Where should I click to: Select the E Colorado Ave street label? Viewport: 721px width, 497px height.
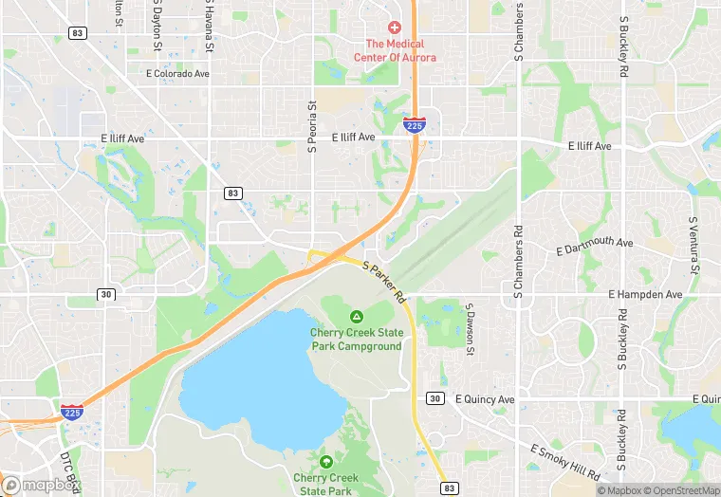click(176, 73)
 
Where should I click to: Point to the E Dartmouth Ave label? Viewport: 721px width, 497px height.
click(595, 247)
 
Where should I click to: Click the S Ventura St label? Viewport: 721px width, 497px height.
click(693, 245)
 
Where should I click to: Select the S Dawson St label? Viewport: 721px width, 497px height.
click(470, 330)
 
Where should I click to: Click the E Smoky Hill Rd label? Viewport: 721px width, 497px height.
click(566, 462)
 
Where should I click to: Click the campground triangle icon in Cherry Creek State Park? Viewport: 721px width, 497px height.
click(357, 316)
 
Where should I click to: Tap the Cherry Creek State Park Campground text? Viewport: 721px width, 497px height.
click(357, 339)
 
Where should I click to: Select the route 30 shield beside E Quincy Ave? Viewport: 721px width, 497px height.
click(435, 397)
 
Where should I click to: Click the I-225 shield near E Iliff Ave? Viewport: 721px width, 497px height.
click(414, 124)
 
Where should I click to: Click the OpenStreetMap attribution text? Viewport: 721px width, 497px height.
click(679, 490)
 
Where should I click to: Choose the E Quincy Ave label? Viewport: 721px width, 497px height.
click(485, 399)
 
